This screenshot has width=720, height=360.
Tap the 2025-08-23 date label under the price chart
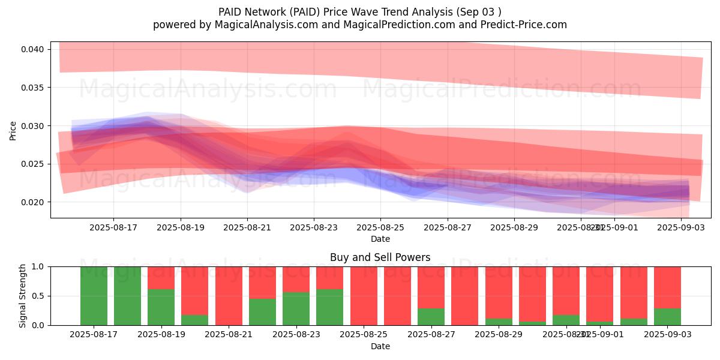pos(313,227)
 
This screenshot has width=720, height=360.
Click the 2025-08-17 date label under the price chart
pos(113,227)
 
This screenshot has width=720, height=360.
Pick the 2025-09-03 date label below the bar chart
pos(667,334)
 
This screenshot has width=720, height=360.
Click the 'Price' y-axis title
pos(13,130)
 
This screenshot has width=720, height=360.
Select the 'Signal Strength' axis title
pos(23,296)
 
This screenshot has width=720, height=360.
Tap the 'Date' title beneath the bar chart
pos(380,346)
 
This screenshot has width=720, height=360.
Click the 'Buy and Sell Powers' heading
pos(380,257)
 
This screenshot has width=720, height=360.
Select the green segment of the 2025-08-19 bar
pos(161,307)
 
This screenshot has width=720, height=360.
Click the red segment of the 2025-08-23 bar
pos(296,279)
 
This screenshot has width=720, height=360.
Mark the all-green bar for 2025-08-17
pos(94,296)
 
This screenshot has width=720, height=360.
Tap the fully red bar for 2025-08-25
pos(364,296)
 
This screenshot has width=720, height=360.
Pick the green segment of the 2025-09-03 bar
pos(667,317)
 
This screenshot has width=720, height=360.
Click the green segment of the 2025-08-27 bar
pos(431,317)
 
